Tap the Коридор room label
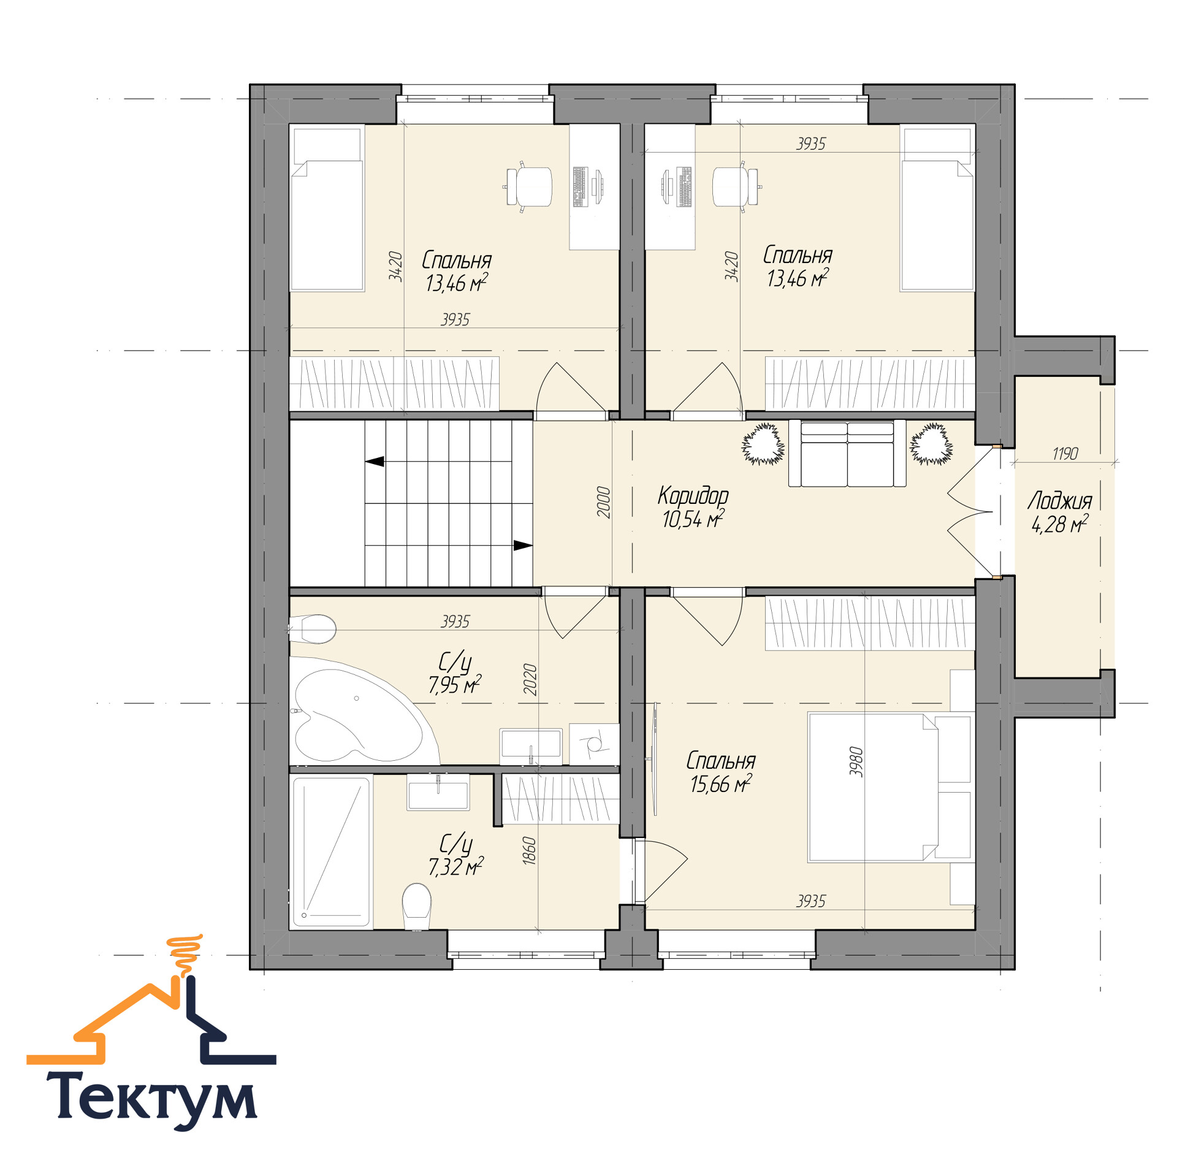pyautogui.click(x=693, y=495)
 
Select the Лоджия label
pyautogui.click(x=1060, y=501)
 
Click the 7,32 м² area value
pyautogui.click(x=456, y=866)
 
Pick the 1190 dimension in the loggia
pyautogui.click(x=1065, y=454)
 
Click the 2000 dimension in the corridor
pyautogui.click(x=604, y=503)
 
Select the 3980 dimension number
pyautogui.click(x=856, y=762)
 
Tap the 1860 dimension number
pyautogui.click(x=530, y=851)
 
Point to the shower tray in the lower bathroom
pyautogui.click(x=331, y=852)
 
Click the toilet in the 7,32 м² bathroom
pyautogui.click(x=417, y=907)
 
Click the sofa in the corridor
pyautogui.click(x=847, y=453)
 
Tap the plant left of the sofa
pyautogui.click(x=763, y=443)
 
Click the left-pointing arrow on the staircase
pyautogui.click(x=375, y=461)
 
